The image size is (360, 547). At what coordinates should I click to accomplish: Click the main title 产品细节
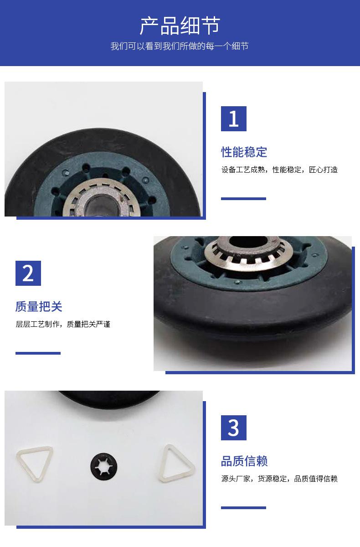180,26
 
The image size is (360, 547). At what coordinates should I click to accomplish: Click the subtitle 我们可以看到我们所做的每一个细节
180,46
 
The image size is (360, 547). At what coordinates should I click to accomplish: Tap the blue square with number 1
234,119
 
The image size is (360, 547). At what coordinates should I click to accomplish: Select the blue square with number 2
28,273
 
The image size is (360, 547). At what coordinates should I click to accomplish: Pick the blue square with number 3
234,428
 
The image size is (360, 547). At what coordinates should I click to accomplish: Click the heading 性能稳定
244,152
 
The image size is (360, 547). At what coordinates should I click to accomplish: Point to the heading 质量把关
39,306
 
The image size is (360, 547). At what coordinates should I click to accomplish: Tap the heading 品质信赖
244,461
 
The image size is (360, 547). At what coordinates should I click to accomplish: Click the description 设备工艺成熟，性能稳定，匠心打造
279,170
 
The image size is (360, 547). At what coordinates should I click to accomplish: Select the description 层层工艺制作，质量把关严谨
63,324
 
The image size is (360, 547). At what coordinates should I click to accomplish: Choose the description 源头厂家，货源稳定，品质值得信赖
279,479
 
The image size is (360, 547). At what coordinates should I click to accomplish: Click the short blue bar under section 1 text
243,199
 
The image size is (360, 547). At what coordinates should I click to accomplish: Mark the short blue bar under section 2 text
38,353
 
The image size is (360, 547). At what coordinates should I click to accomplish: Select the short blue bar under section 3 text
243,508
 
